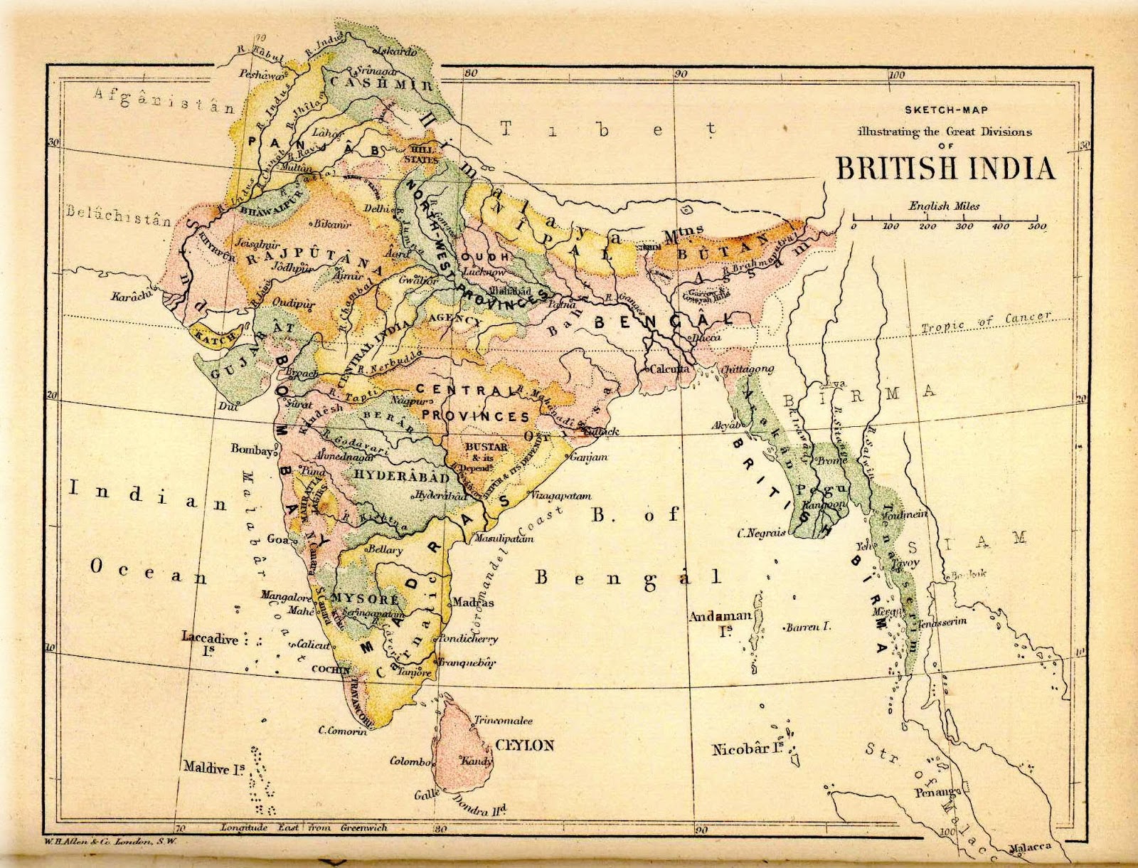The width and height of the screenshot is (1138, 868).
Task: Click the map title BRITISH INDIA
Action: point(945,169)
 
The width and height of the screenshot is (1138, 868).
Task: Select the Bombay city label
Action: point(251,450)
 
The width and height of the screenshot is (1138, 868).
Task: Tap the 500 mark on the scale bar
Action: point(1036,226)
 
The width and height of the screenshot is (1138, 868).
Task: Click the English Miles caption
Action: point(944,206)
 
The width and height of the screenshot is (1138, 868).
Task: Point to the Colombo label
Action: point(410,761)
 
